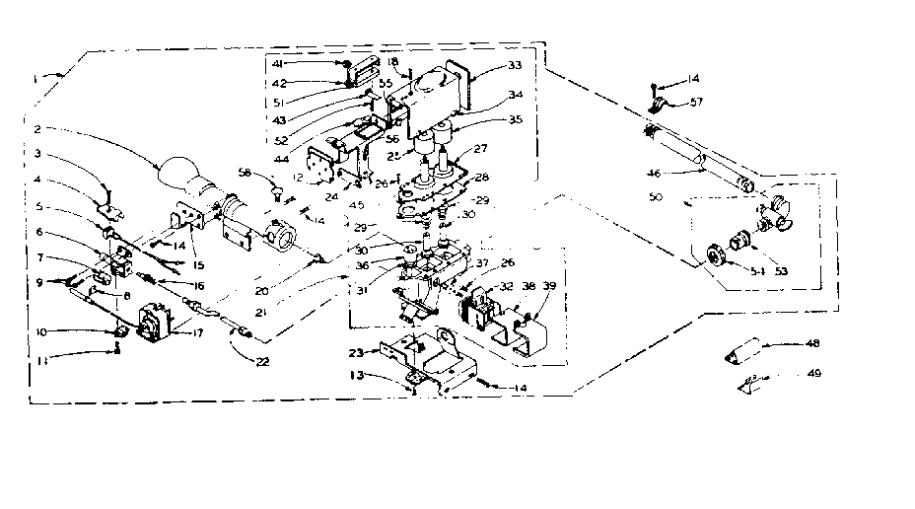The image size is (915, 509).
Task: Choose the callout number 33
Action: (514, 65)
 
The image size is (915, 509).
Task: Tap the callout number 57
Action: (698, 103)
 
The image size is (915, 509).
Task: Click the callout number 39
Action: (549, 284)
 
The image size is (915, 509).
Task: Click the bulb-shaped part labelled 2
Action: (182, 178)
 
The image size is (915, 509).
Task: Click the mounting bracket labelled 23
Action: (424, 360)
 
